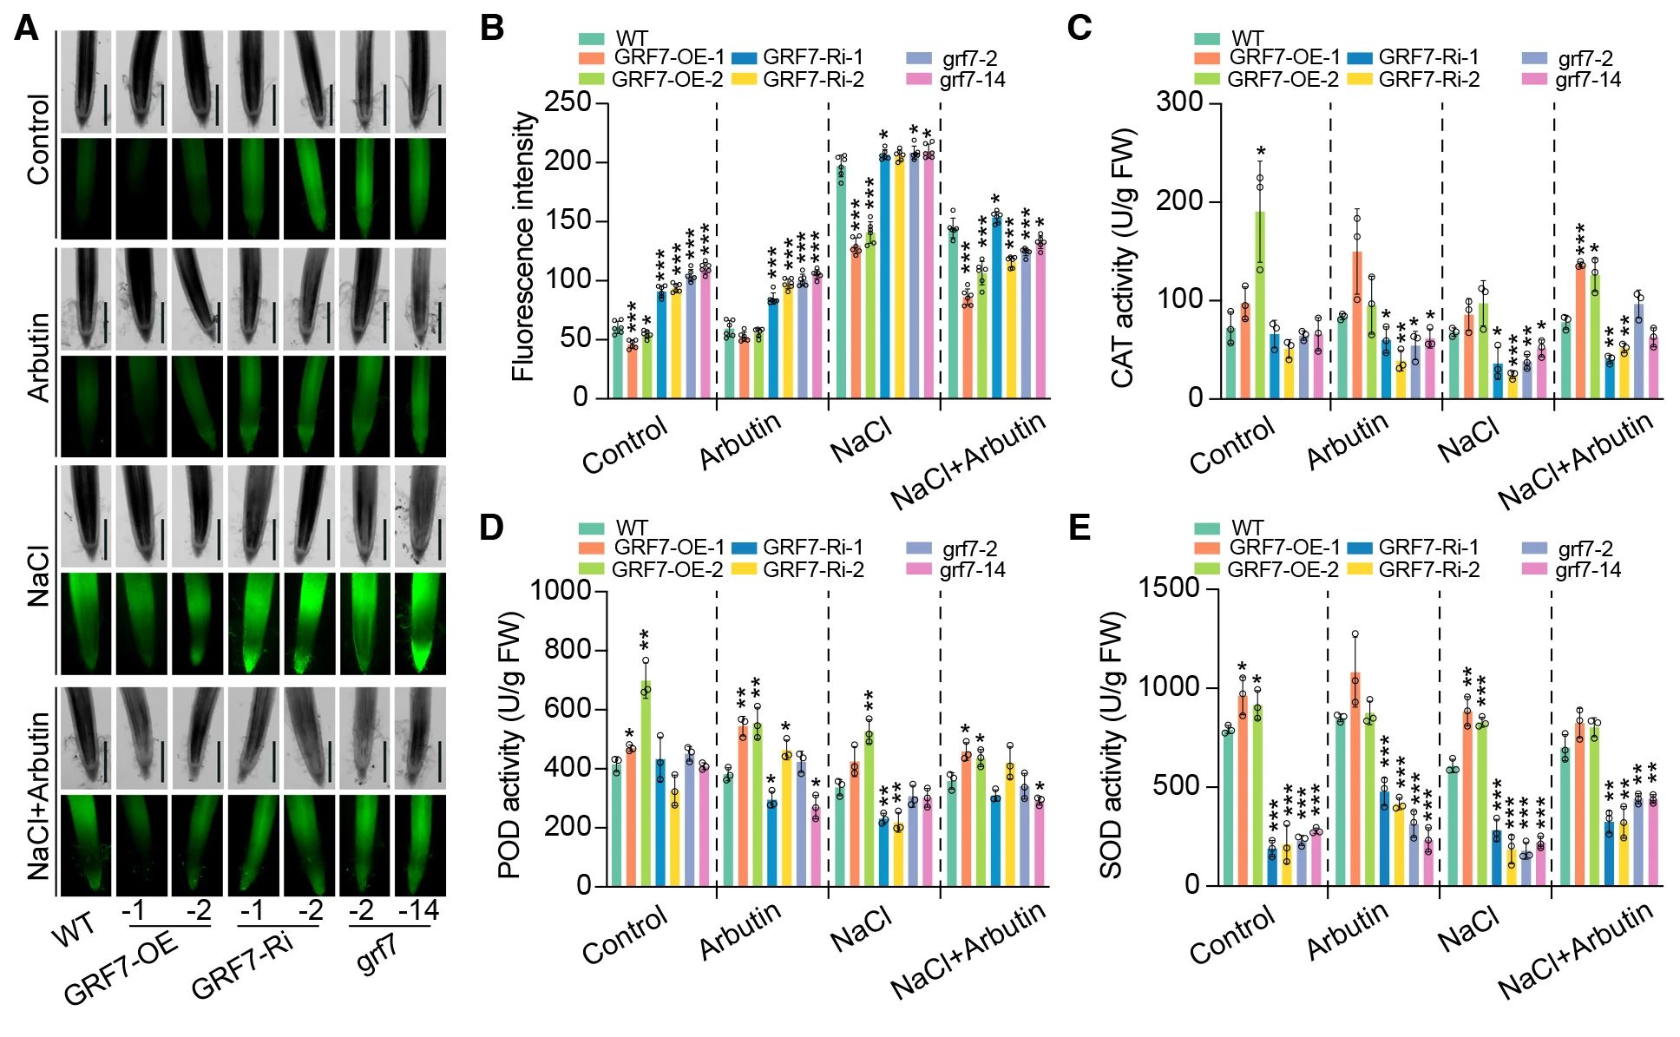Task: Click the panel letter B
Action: (492, 28)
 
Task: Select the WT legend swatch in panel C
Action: (1206, 38)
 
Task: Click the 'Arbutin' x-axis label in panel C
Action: (1348, 441)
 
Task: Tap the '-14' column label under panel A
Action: (418, 910)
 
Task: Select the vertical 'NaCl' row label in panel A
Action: (39, 575)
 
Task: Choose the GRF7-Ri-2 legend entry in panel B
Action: (813, 80)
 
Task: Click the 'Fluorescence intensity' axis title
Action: (523, 246)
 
